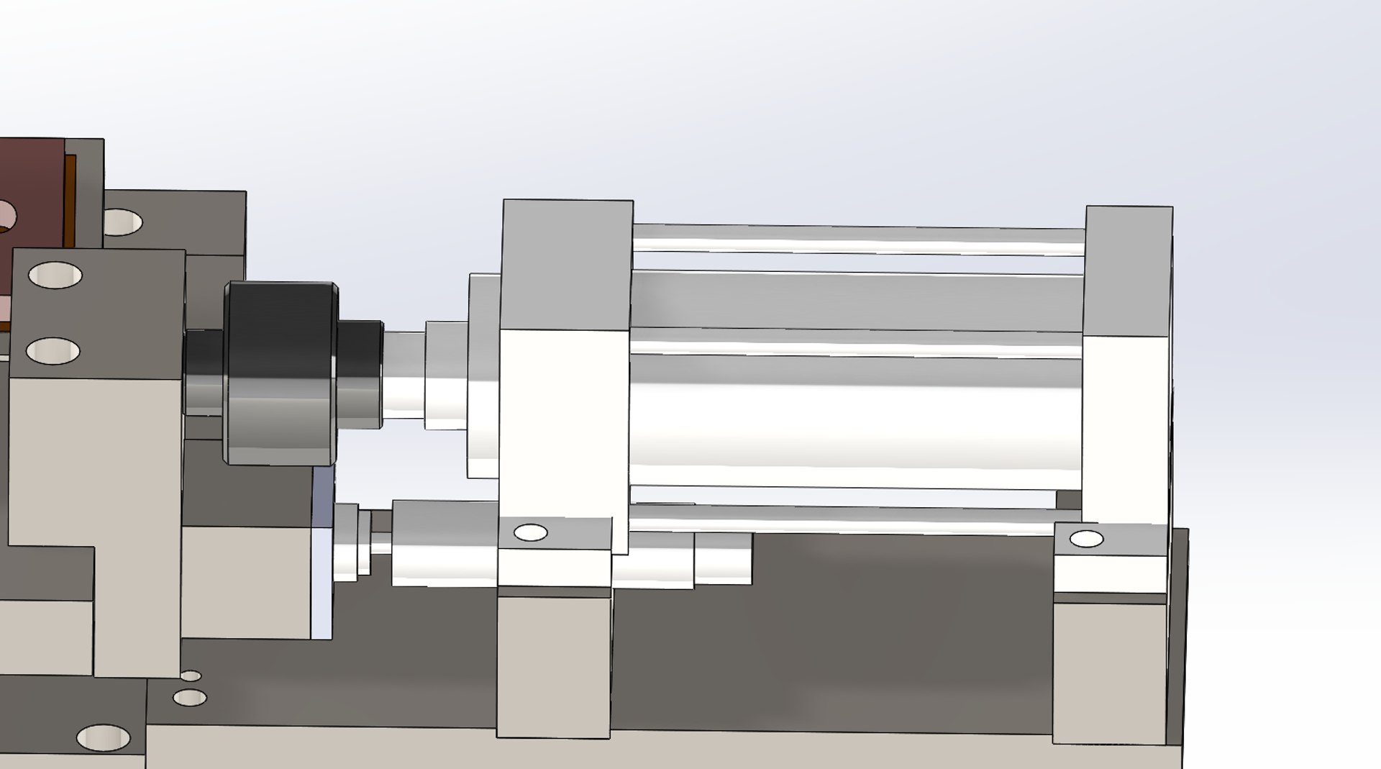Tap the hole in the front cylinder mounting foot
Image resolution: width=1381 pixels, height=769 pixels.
point(532,533)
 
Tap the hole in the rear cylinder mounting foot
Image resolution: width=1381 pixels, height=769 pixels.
point(1086,539)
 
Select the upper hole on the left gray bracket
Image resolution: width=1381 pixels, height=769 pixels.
point(55,276)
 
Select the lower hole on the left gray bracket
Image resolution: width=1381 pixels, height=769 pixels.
point(53,351)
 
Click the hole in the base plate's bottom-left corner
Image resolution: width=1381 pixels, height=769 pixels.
point(103,737)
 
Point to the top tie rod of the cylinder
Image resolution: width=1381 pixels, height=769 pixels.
point(856,239)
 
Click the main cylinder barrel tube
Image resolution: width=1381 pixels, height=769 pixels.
point(856,410)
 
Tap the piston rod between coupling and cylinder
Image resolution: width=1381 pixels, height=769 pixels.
point(403,374)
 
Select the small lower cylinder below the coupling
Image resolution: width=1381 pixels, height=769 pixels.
point(442,543)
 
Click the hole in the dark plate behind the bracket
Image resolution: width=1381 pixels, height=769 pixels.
point(122,222)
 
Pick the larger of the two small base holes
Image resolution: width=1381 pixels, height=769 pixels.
point(190,697)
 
